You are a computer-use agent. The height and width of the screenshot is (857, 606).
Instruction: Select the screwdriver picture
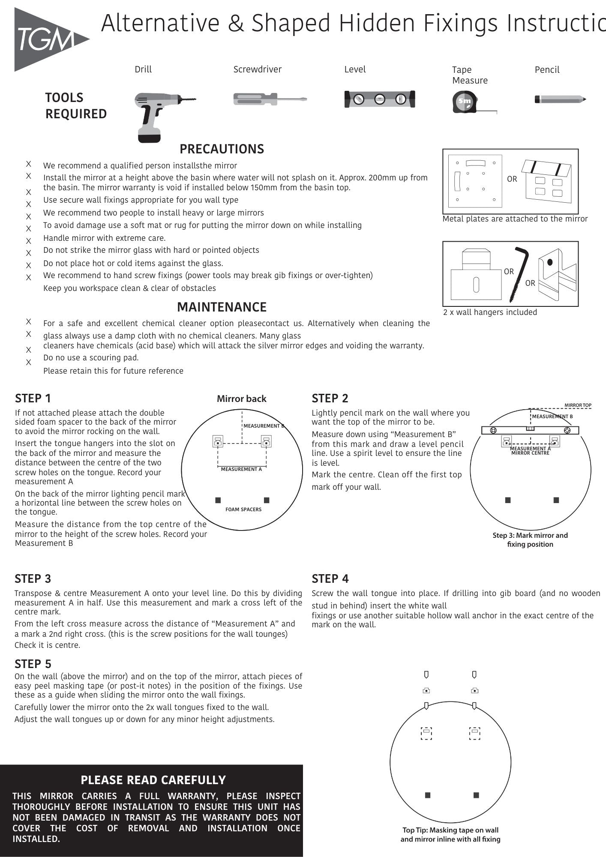coord(270,99)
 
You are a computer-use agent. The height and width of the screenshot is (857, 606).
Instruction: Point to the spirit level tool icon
coord(379,99)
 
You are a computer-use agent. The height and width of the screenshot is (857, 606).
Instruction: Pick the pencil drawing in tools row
coord(560,99)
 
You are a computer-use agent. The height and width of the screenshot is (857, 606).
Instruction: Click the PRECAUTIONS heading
coord(222,149)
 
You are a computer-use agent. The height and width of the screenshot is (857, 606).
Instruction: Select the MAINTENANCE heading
coord(222,307)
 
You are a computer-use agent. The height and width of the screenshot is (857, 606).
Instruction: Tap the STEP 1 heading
coord(33,399)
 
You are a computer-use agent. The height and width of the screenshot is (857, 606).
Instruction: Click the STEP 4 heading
coord(330,579)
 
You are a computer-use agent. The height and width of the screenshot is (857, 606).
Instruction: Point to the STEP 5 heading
coord(33,664)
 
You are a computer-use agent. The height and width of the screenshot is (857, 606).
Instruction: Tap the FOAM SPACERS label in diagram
coord(243,509)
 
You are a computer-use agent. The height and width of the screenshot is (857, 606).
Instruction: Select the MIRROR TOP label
coord(578,405)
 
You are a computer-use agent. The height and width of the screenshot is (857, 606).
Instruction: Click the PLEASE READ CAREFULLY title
coord(153,780)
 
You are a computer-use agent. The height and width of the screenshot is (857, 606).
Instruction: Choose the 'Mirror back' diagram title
coord(241,399)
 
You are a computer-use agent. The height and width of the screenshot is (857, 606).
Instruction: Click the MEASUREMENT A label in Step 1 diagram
coord(241,469)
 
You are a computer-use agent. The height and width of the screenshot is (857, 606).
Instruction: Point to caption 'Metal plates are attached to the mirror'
coord(515,219)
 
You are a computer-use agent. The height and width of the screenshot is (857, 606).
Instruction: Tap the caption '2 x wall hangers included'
coord(490,312)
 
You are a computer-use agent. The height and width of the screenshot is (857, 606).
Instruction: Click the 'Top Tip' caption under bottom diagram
coord(450,835)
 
